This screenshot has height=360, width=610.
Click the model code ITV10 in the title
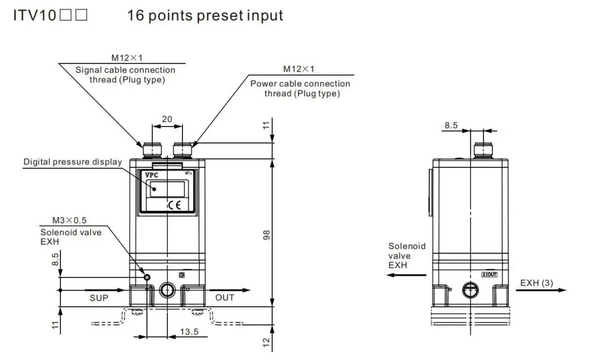point(35,15)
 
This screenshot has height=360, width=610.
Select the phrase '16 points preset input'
point(205,15)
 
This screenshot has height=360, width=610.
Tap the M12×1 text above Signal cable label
point(125,58)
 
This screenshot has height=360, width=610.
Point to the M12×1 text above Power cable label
point(299,69)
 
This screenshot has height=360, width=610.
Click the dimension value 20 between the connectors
point(167,119)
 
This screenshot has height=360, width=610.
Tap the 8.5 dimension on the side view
point(451,125)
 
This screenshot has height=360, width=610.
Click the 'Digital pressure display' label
point(72,162)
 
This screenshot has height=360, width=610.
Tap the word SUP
point(99,297)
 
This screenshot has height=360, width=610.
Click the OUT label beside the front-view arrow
point(225,297)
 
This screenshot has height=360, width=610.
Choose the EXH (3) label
point(537,283)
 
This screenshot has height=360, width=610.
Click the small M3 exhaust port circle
point(147,277)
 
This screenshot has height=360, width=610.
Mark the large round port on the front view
point(167,290)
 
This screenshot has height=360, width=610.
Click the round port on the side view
point(470,290)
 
